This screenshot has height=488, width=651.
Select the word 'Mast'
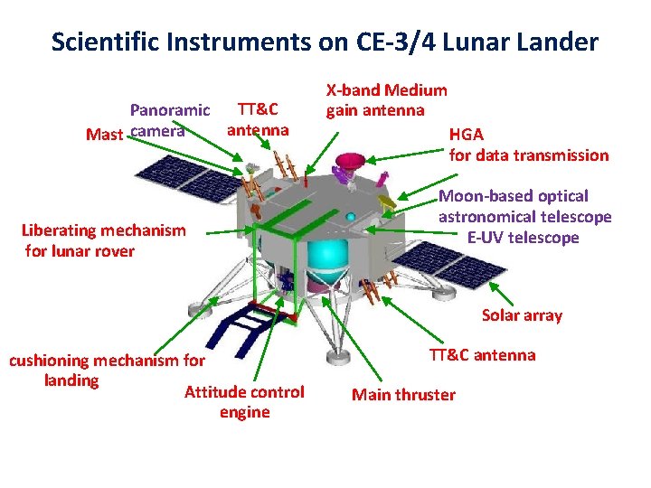[104, 135]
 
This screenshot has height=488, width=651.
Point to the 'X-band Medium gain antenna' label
[386, 99]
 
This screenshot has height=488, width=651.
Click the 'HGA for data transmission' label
[528, 145]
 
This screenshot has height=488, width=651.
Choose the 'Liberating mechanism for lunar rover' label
[103, 240]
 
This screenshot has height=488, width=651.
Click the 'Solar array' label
[522, 315]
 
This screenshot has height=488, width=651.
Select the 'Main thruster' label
[403, 394]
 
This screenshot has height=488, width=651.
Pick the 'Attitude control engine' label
[244, 402]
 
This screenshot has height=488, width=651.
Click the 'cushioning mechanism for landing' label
[107, 371]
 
